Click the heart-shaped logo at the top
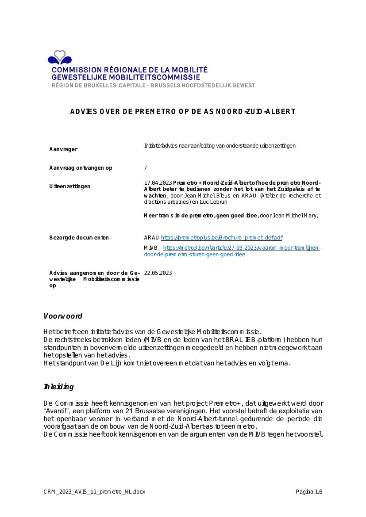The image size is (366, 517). pyautogui.click(x=60, y=57)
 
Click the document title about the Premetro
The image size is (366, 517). pyautogui.click(x=183, y=111)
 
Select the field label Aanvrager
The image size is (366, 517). pyautogui.click(x=63, y=149)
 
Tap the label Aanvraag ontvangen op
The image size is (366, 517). pyautogui.click(x=81, y=168)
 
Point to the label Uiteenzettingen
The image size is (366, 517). pyautogui.click(x=69, y=186)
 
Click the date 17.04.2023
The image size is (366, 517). pyautogui.click(x=158, y=183)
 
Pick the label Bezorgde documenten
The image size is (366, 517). pyautogui.click(x=79, y=238)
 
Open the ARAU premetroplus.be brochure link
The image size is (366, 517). pyautogui.click(x=222, y=238)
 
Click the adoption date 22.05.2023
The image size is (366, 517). pyautogui.click(x=158, y=273)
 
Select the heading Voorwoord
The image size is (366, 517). pyautogui.click(x=63, y=316)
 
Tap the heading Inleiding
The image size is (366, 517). pyautogui.click(x=58, y=387)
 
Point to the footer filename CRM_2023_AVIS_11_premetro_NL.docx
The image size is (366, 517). pyautogui.click(x=94, y=492)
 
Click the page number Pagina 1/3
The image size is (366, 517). pyautogui.click(x=309, y=492)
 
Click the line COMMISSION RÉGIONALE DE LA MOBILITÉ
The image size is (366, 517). pyautogui.click(x=130, y=70)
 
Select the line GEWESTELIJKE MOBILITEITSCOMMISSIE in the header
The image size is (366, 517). pyautogui.click(x=126, y=77)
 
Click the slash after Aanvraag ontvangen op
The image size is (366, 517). pyautogui.click(x=146, y=168)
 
